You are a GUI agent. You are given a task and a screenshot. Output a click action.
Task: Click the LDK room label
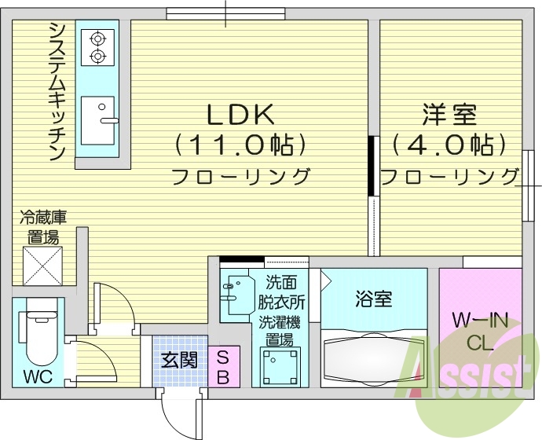(x=240, y=115)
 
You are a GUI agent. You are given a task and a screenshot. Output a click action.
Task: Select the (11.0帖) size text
(x=240, y=145)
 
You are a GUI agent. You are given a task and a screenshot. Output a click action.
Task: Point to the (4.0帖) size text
(x=448, y=145)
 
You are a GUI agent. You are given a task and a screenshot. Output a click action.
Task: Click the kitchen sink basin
(x=97, y=119)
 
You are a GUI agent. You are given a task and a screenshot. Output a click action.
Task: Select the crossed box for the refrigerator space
(x=42, y=266)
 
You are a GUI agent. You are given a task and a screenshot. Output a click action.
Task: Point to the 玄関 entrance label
(x=179, y=361)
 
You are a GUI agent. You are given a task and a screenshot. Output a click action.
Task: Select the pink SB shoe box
(x=222, y=368)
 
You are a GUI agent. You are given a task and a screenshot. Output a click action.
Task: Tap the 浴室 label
(x=373, y=299)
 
